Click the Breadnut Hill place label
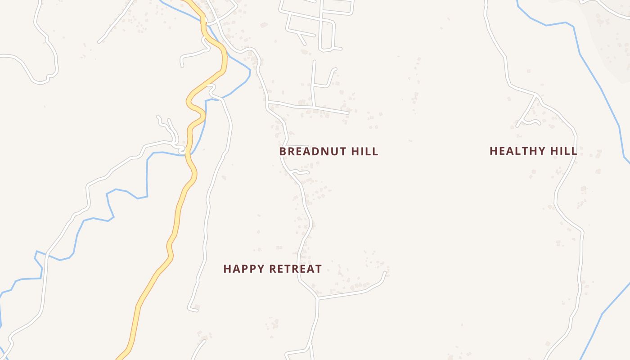click(328, 151)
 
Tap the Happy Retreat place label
click(272, 269)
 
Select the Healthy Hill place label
click(533, 151)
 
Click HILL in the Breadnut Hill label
click(364, 151)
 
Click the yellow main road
click(178, 211)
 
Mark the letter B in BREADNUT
click(283, 151)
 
